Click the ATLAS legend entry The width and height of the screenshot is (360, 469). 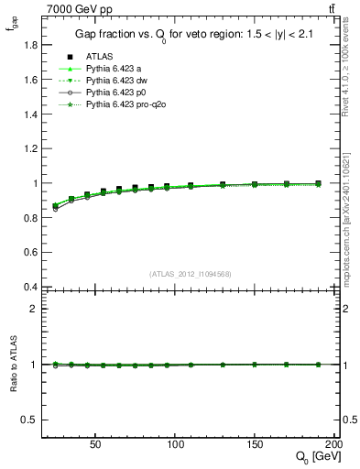tap(99, 56)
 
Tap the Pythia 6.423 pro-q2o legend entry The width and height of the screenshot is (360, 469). tap(125, 105)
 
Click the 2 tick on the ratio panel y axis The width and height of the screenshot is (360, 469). tap(35, 309)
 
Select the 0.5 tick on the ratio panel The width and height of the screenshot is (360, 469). tap(30, 420)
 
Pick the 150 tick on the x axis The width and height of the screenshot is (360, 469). tap(255, 442)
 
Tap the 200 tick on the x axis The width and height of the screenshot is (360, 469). tap(333, 442)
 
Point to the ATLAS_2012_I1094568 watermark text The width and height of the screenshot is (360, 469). tap(190, 273)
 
